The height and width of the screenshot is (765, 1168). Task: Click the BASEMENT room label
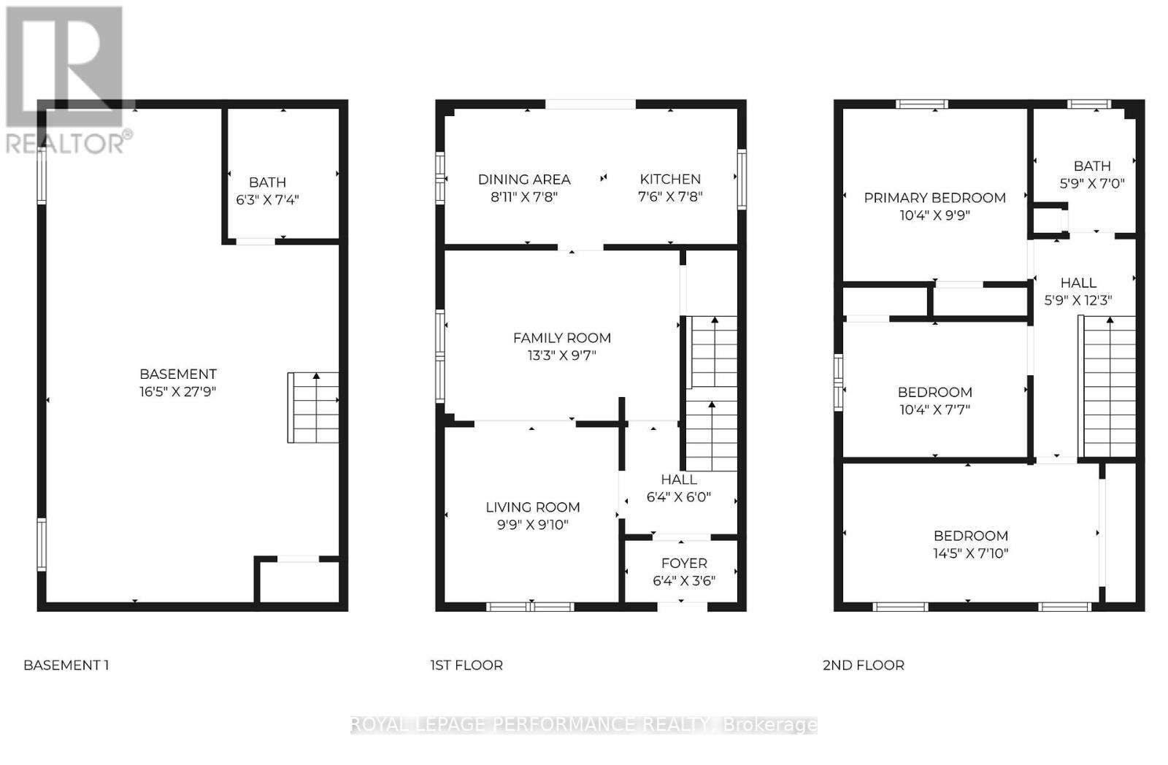click(x=178, y=374)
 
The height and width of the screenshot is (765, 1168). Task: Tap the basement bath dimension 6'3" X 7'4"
click(x=267, y=200)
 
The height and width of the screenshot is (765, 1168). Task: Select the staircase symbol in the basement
click(x=313, y=407)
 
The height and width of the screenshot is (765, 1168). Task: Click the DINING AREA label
click(x=524, y=179)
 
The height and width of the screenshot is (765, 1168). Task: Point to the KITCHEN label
click(x=670, y=179)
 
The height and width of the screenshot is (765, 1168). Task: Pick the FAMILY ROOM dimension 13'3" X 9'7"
click(x=561, y=355)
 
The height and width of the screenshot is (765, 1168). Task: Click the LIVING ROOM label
click(x=533, y=507)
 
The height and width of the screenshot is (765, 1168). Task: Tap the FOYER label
click(x=684, y=563)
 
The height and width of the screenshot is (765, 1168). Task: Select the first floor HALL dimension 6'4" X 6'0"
click(x=679, y=497)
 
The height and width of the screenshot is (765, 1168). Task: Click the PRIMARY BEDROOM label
click(x=934, y=198)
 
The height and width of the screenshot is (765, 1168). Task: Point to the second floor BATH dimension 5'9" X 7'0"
click(x=1092, y=184)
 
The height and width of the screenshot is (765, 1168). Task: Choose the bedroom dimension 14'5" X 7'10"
click(x=970, y=553)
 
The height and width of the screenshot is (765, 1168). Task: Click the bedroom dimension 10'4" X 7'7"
click(x=934, y=410)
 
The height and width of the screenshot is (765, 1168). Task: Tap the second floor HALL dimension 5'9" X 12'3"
click(x=1078, y=300)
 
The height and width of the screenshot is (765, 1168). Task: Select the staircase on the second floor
click(x=1109, y=387)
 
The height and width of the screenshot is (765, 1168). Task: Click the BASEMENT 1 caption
click(x=66, y=665)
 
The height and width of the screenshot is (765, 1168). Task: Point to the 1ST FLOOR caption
click(x=466, y=665)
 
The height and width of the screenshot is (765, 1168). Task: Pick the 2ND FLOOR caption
click(x=864, y=665)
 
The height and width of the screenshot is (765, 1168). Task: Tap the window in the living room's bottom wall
click(x=531, y=606)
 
